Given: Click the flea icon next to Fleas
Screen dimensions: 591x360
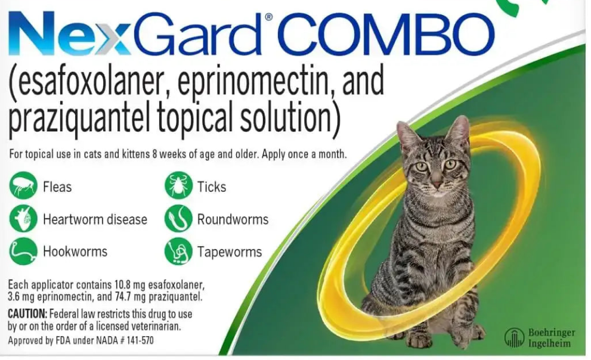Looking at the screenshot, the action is (x=23, y=185).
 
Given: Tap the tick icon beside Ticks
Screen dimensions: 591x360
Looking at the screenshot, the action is (x=178, y=185).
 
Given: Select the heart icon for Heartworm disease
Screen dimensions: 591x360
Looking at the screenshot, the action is (x=23, y=218).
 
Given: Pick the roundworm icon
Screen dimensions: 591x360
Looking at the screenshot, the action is (x=178, y=218).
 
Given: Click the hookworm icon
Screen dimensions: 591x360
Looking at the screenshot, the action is (x=23, y=251).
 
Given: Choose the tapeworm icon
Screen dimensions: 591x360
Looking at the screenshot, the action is (x=178, y=251).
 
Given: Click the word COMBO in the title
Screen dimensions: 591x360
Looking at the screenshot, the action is (x=388, y=34).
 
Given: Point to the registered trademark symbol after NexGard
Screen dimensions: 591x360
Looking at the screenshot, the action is (x=269, y=17).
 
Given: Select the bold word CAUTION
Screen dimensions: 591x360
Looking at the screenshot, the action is (x=27, y=314).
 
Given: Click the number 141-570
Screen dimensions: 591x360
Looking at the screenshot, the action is (x=140, y=340).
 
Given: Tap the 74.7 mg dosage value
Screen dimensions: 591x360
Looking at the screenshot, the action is (x=129, y=297).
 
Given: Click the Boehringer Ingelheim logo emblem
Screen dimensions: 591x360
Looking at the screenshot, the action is (x=514, y=337).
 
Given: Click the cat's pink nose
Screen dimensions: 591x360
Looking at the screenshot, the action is (x=437, y=184).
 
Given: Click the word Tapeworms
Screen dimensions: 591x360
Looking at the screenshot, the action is (x=230, y=252).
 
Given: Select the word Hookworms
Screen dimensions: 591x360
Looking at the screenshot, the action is (x=75, y=251).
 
